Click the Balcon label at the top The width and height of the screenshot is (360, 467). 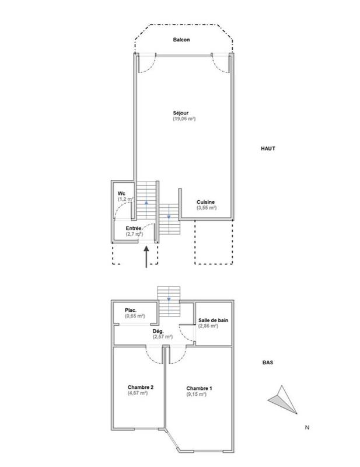[x=181, y=40]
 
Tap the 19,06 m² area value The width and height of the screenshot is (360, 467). [x=183, y=119]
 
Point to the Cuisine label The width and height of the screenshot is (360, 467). [x=206, y=202]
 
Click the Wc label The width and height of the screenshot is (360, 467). [x=121, y=193]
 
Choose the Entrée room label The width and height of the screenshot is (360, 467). [x=134, y=228]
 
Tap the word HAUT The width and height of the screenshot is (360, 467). [x=268, y=148]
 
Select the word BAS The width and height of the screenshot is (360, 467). [x=268, y=362]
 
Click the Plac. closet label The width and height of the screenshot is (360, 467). [x=131, y=310]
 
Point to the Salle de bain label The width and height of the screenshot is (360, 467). [x=212, y=319]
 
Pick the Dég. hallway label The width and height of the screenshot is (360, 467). [x=159, y=330]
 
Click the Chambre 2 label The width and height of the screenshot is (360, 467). [x=140, y=388]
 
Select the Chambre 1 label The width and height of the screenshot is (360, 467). [x=199, y=389]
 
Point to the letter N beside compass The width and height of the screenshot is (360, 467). [x=307, y=427]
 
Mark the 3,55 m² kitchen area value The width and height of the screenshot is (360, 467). [x=206, y=208]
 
